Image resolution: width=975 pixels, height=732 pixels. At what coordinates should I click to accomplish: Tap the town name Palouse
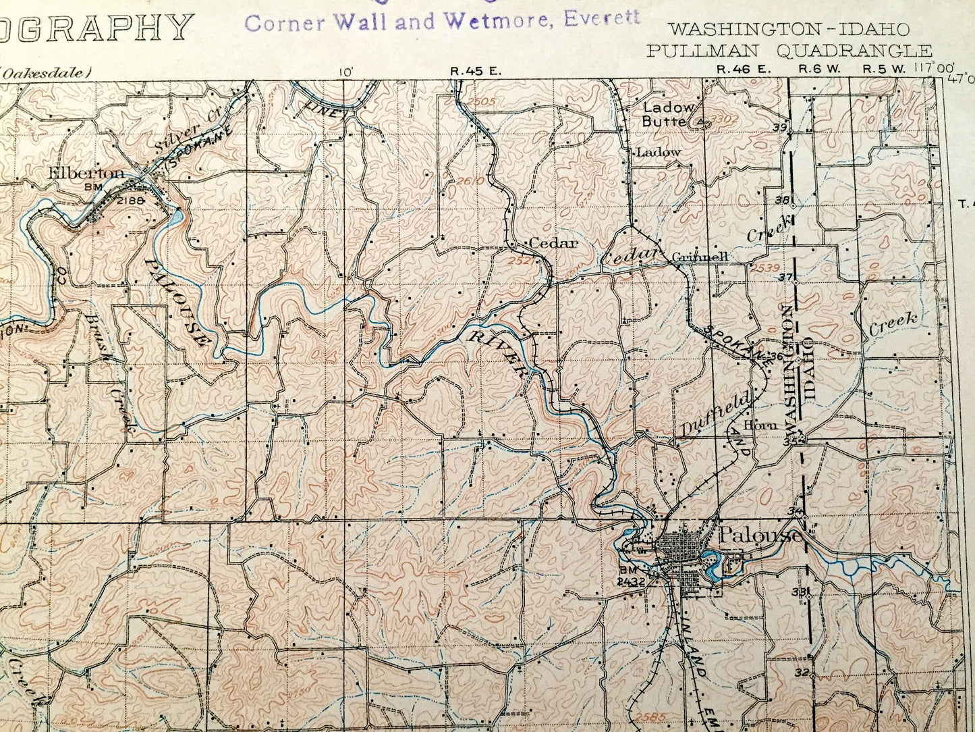761,535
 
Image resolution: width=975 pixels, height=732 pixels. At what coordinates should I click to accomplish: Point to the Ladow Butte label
667,115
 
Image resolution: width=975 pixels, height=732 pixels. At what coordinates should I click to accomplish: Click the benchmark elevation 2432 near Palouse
632,581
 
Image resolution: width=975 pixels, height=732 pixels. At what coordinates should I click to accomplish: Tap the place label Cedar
553,243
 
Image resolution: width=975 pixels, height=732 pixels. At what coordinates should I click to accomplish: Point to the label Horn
761,425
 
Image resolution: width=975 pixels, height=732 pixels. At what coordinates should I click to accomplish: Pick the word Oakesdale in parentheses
46,72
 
